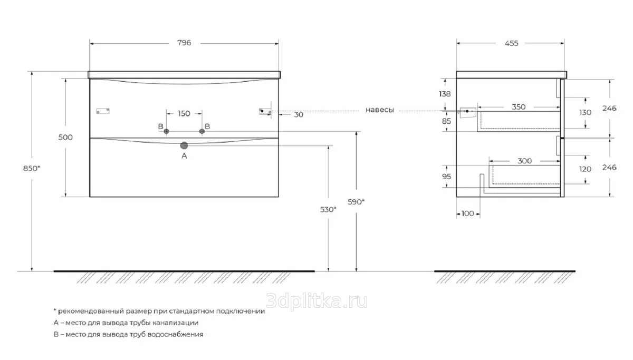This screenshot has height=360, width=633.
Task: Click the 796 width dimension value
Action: (x=184, y=43)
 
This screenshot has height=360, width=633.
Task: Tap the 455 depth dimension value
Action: (x=512, y=43)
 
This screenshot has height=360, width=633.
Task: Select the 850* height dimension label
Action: (x=32, y=168)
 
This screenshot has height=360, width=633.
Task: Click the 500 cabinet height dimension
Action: (x=65, y=137)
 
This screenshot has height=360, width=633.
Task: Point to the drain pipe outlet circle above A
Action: (x=184, y=145)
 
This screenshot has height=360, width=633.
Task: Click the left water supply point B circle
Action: (x=166, y=131)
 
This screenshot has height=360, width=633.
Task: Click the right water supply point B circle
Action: (x=202, y=131)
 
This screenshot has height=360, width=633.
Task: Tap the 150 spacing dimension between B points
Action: (x=184, y=113)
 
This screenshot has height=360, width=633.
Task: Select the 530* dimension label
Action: (x=328, y=209)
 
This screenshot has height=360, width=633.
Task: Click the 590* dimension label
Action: (x=356, y=202)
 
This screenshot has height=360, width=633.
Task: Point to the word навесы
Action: (x=379, y=110)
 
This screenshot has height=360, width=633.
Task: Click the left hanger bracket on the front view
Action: (x=103, y=111)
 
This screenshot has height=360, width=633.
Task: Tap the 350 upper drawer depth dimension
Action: (x=519, y=106)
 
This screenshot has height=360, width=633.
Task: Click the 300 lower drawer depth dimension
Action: (x=525, y=161)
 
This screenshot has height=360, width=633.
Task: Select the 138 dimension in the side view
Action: (x=445, y=94)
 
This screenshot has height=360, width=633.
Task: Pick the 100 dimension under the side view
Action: (x=467, y=213)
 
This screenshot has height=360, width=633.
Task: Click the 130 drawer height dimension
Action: (x=585, y=112)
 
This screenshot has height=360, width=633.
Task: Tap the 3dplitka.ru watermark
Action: (x=316, y=301)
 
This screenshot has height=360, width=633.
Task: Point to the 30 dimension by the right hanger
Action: (x=299, y=114)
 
